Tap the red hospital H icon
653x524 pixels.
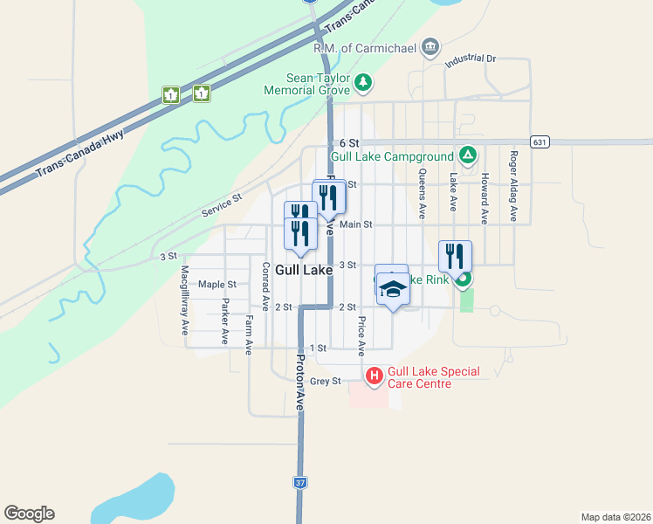(375, 376)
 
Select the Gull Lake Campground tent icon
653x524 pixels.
(468, 155)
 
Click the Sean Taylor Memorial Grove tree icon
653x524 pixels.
(363, 83)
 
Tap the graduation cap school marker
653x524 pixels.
(393, 287)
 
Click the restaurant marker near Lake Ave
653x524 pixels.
(455, 256)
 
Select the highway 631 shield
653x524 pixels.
(540, 141)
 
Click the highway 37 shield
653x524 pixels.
(299, 481)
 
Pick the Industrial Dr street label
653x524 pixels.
(470, 60)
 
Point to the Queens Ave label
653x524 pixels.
(422, 193)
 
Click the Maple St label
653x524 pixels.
(217, 284)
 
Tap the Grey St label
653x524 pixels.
(325, 381)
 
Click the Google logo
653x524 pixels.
(29, 514)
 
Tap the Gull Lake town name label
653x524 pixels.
(302, 271)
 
